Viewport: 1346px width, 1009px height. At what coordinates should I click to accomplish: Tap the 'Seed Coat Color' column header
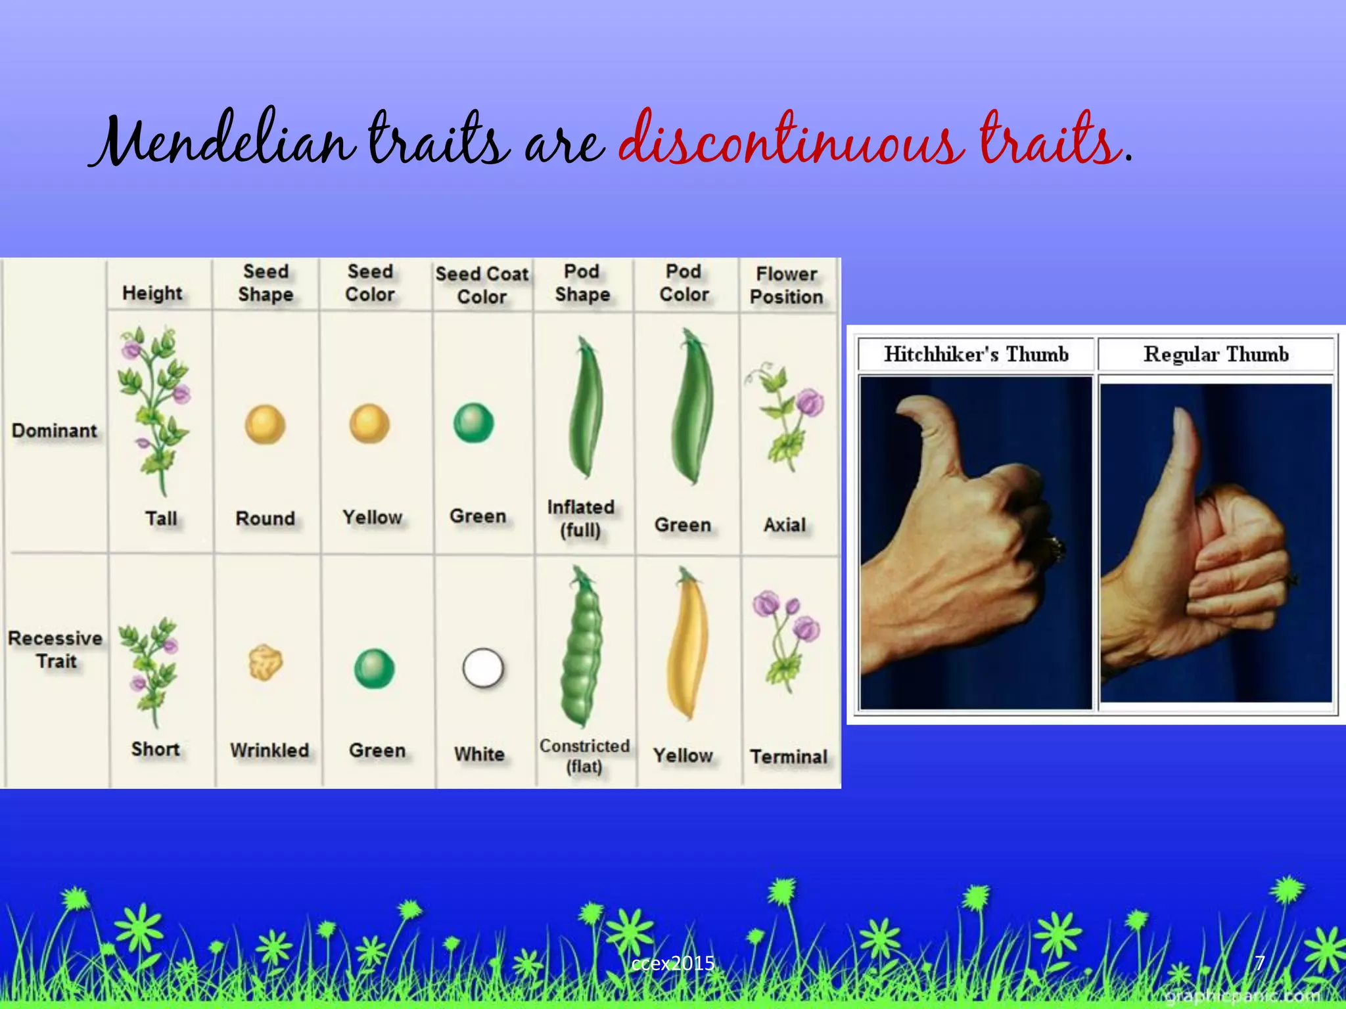[482, 285]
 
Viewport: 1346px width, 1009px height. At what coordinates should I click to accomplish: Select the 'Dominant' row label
[55, 431]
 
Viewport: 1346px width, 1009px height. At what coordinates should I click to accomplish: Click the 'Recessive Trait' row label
[56, 650]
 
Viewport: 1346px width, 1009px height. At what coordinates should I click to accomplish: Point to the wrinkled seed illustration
[266, 662]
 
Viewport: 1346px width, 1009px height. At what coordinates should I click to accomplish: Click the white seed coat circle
[483, 668]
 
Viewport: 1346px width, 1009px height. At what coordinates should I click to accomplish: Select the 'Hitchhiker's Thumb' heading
[976, 354]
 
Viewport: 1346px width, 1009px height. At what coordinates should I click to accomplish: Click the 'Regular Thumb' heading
[1216, 354]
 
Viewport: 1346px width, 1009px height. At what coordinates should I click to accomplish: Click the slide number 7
[1260, 963]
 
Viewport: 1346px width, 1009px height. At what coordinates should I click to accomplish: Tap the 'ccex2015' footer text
[672, 964]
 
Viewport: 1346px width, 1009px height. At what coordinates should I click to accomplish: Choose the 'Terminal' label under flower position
[789, 757]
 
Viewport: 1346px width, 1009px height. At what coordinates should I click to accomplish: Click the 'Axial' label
[785, 525]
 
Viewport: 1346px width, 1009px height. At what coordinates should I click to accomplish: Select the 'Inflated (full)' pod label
[581, 518]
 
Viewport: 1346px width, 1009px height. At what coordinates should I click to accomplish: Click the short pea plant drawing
[150, 670]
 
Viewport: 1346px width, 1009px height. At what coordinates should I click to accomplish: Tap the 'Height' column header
[152, 293]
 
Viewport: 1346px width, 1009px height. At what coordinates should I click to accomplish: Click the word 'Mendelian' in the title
[223, 139]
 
